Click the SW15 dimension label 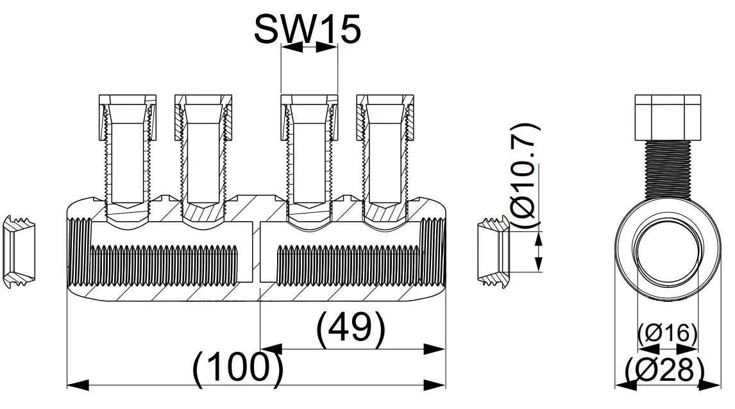click(x=308, y=28)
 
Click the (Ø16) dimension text click(x=668, y=333)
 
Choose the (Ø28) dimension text click(x=666, y=370)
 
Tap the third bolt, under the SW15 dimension click(x=309, y=154)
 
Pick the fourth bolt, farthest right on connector click(x=385, y=154)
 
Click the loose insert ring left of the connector click(x=20, y=250)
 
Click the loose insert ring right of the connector click(x=494, y=250)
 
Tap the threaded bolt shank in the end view click(x=667, y=170)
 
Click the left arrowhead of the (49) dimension click(x=270, y=349)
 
